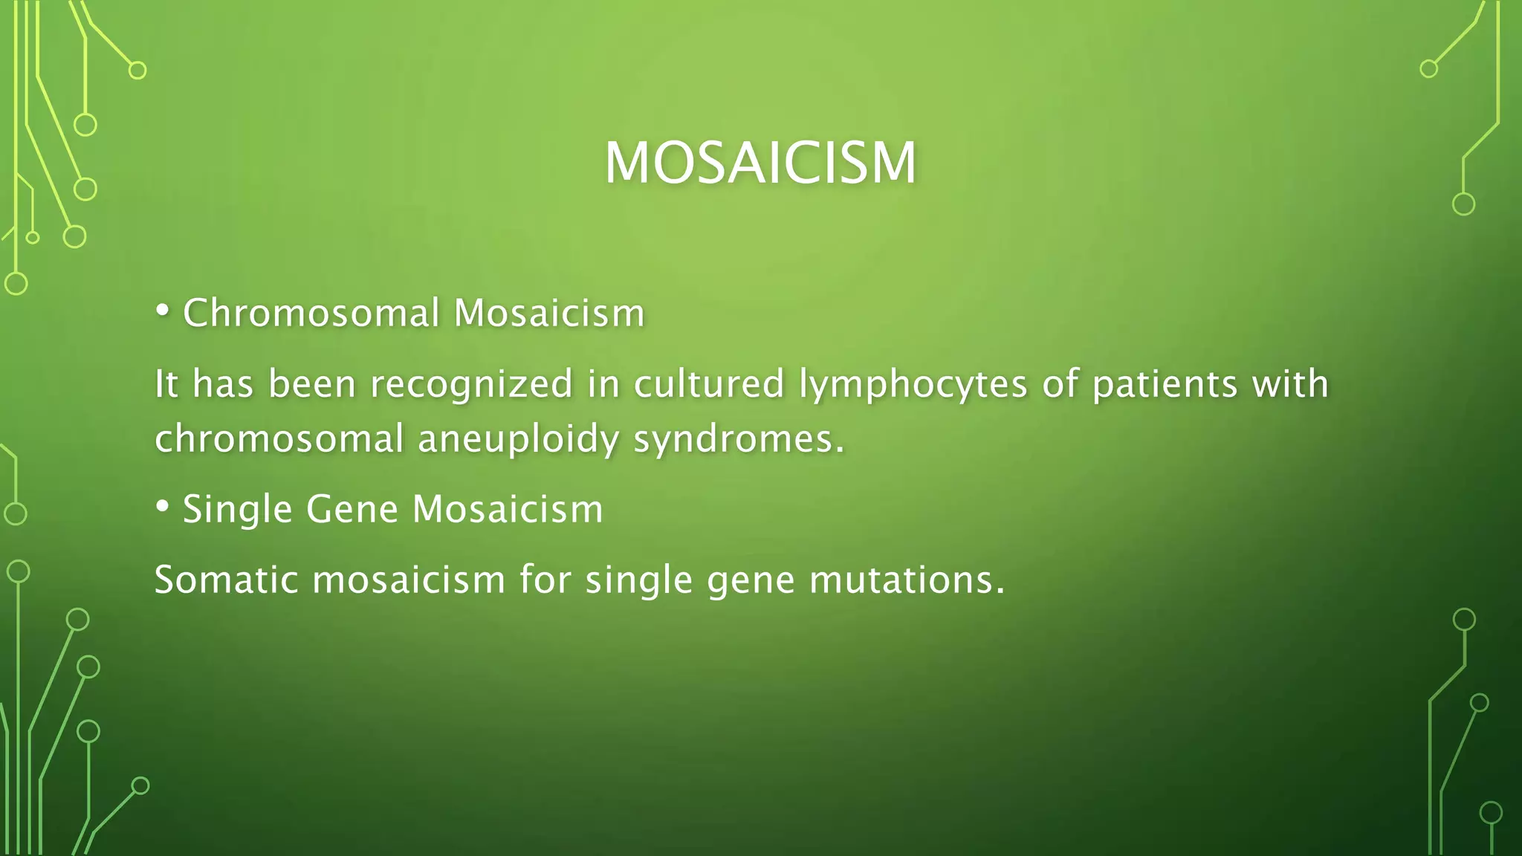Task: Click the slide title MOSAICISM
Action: pos(760,163)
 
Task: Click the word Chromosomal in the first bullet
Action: pos(311,313)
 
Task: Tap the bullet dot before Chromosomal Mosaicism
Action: pos(162,311)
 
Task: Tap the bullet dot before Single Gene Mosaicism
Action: pos(162,507)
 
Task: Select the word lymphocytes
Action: pos(913,386)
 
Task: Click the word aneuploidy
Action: pos(518,439)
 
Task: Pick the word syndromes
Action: pos(739,439)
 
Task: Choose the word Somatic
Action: pos(226,580)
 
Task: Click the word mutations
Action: pos(906,580)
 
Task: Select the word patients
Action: pos(1165,384)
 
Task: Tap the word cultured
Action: pos(709,384)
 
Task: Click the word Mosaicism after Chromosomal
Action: pos(548,313)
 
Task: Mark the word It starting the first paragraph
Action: pos(166,384)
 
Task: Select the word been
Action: pos(311,384)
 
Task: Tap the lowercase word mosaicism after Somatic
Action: pos(409,580)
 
